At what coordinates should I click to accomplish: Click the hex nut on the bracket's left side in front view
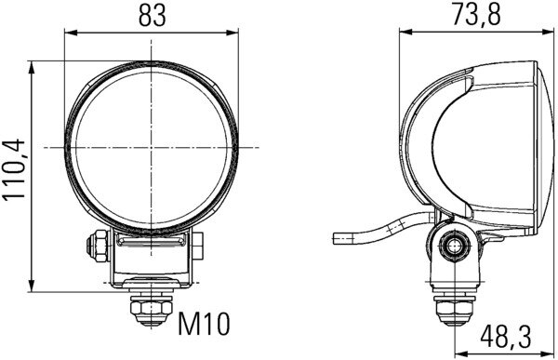95,246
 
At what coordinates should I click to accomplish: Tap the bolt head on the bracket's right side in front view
199,247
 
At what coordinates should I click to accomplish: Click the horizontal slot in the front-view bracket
150,243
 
